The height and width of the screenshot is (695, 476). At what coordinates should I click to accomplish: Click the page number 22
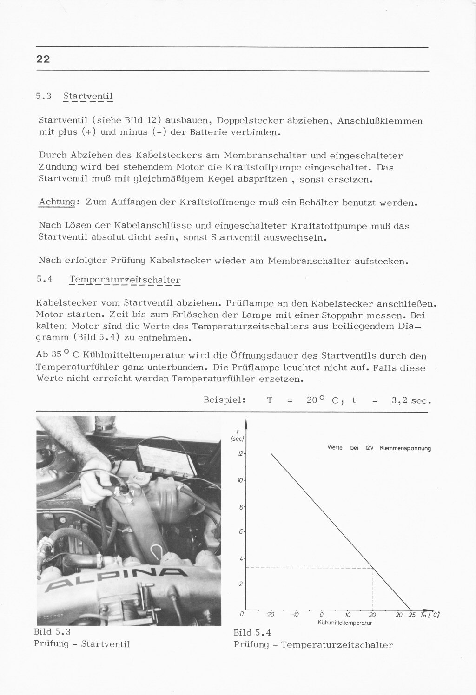43,59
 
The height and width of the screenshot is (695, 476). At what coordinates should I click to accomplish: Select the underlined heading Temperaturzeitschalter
125,280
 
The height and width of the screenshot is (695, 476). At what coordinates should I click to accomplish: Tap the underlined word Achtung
57,203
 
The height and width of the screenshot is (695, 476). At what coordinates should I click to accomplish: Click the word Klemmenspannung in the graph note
405,448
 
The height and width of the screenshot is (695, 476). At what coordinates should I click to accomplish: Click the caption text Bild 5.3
52,632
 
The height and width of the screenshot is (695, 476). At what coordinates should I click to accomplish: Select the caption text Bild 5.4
252,633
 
